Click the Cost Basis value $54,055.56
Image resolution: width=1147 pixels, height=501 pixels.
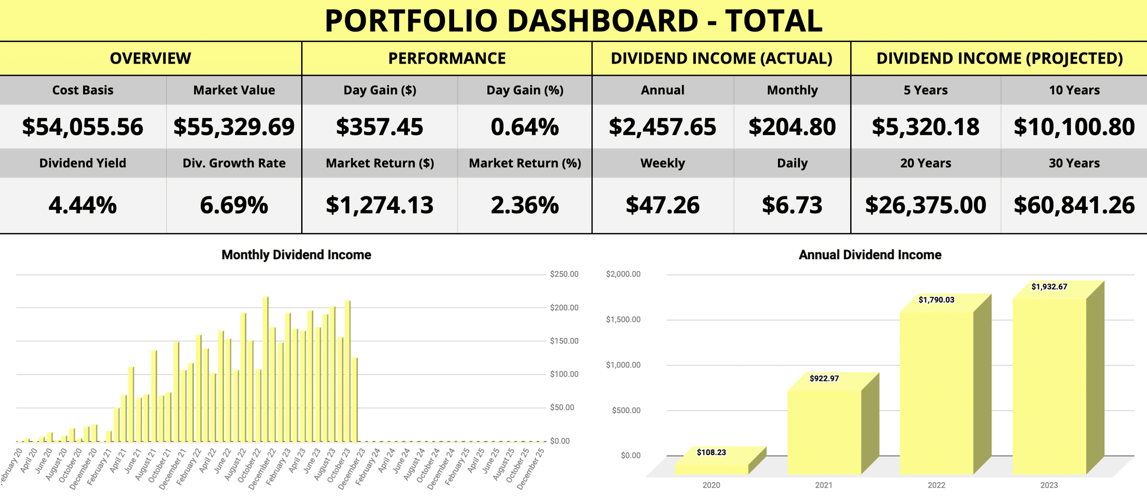tap(83, 127)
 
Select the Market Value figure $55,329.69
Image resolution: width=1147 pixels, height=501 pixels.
tap(234, 127)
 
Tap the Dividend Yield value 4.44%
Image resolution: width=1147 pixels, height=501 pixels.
tap(83, 205)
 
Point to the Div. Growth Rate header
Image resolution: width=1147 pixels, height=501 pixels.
tap(234, 163)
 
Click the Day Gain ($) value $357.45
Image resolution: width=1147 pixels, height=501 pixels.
tap(379, 127)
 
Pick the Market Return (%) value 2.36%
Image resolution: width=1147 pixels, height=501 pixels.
tap(525, 205)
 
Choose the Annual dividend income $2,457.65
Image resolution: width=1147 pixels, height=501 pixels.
tap(662, 127)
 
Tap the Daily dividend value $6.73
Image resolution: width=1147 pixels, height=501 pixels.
tap(792, 205)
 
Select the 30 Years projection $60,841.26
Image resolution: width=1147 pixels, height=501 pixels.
tap(1074, 205)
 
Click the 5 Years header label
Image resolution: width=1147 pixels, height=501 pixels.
tap(925, 90)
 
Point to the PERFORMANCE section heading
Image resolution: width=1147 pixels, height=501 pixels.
tap(447, 58)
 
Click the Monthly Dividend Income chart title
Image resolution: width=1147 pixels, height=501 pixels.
tap(296, 255)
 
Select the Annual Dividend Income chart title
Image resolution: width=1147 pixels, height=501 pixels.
tap(870, 255)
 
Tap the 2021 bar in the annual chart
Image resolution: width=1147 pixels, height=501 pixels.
tap(824, 430)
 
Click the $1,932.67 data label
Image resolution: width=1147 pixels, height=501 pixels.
tap(1049, 287)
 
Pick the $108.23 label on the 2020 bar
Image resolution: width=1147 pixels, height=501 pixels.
tap(711, 452)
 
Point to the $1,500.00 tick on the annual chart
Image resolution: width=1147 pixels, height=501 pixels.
tap(623, 319)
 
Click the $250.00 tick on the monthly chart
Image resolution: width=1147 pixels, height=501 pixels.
tap(564, 274)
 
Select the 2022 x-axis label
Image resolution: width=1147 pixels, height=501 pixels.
tap(936, 485)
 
